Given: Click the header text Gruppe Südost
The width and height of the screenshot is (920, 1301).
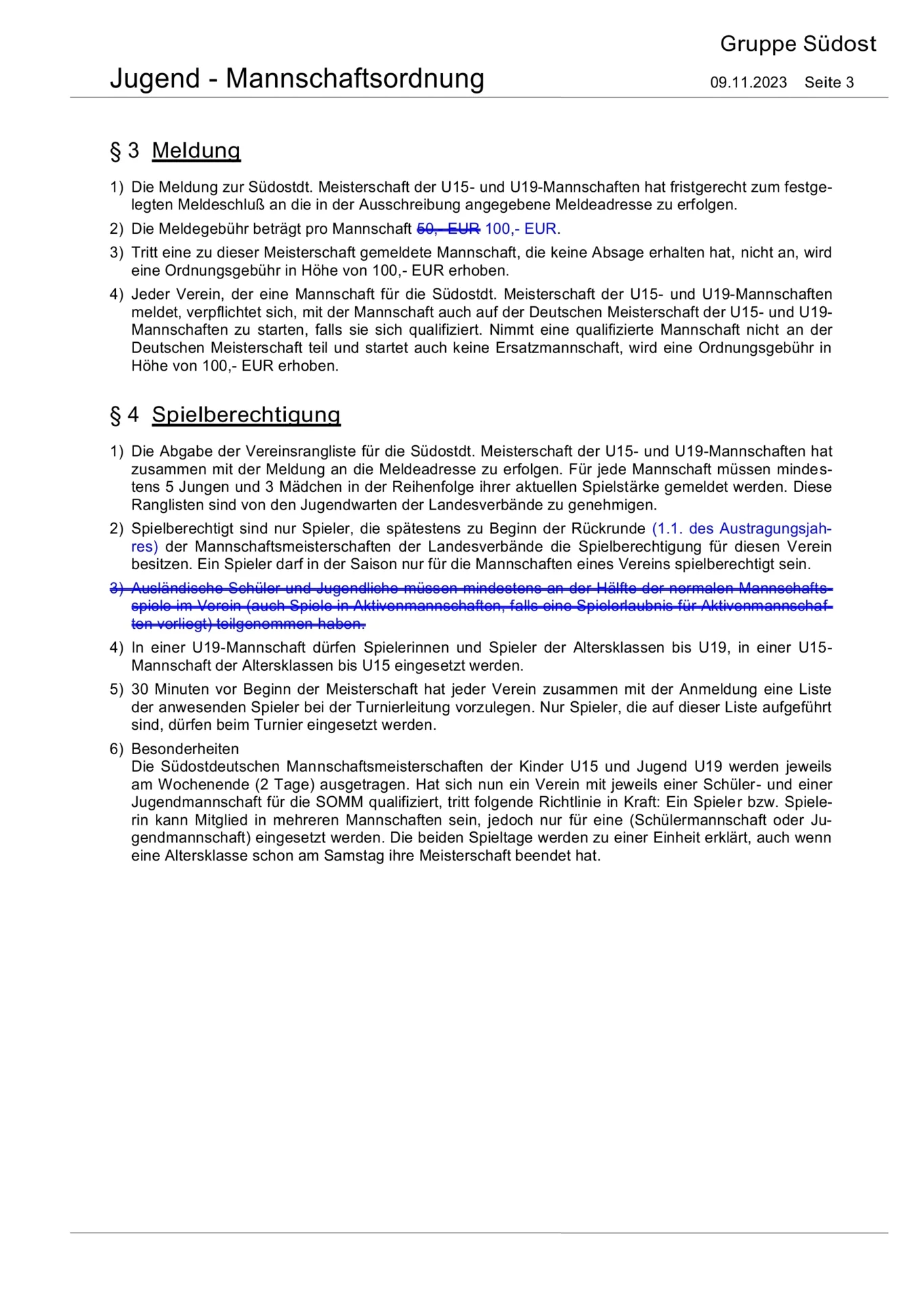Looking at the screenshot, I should click(x=797, y=45).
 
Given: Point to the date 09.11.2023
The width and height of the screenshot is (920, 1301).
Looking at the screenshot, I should click(x=748, y=83).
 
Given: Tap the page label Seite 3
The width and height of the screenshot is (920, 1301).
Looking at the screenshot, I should click(x=829, y=83).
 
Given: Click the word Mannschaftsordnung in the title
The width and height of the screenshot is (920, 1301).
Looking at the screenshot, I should click(x=354, y=79).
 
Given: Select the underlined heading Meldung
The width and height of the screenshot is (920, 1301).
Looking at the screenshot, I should click(x=196, y=150).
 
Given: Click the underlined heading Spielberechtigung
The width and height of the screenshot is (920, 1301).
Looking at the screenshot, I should click(x=246, y=415).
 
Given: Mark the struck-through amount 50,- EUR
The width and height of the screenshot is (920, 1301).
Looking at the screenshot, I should click(x=448, y=229).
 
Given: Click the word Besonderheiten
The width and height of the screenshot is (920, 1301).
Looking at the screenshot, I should click(x=185, y=749).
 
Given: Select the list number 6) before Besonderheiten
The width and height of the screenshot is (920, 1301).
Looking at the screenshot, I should click(x=117, y=749).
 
